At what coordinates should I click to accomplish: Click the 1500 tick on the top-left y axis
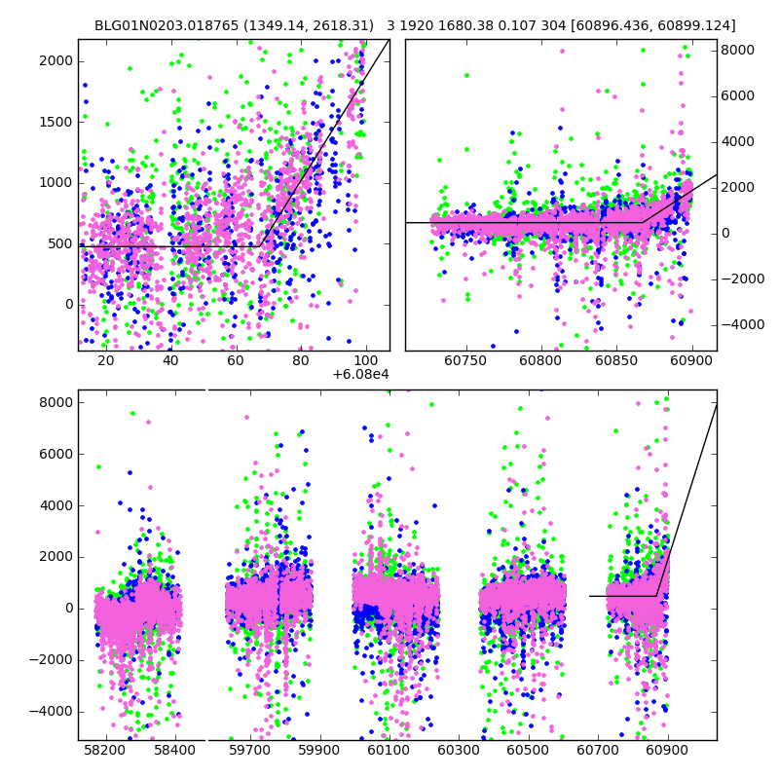(x=56, y=122)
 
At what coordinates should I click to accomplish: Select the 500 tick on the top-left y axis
(x=59, y=243)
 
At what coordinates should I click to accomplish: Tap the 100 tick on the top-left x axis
(x=366, y=360)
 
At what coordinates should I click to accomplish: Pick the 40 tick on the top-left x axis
(x=170, y=360)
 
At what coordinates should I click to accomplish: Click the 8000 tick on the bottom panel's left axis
(x=56, y=402)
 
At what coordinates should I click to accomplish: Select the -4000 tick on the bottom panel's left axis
(x=53, y=711)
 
